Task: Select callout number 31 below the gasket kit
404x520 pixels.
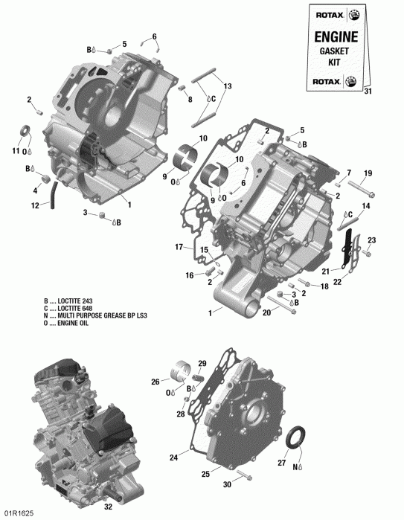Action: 366,92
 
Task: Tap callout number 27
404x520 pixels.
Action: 282,462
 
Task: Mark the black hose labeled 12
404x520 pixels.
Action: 52,196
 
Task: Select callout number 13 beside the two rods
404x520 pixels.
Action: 228,87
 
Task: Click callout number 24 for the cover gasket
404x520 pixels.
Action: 173,458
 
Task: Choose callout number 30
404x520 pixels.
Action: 227,483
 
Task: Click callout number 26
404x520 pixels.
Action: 155,382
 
